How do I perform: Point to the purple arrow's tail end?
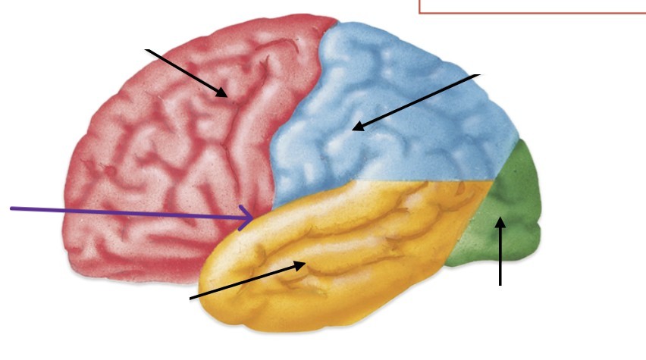pos(11,207)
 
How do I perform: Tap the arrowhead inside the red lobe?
pos(227,96)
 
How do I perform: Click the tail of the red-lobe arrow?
pos(147,49)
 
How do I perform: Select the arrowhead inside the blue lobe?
pos(353,130)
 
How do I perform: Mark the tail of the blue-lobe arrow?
pos(479,76)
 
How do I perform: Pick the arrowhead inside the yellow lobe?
pos(307,263)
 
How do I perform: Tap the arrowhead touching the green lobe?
pos(500,218)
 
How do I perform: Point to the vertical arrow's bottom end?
pos(500,285)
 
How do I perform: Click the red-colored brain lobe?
pos(152,167)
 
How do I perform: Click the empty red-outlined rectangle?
pos(531,6)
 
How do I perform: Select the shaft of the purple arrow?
pos(129,212)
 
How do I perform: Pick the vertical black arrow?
pos(500,254)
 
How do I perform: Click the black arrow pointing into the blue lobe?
pos(417,102)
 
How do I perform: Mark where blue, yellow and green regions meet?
pos(494,180)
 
